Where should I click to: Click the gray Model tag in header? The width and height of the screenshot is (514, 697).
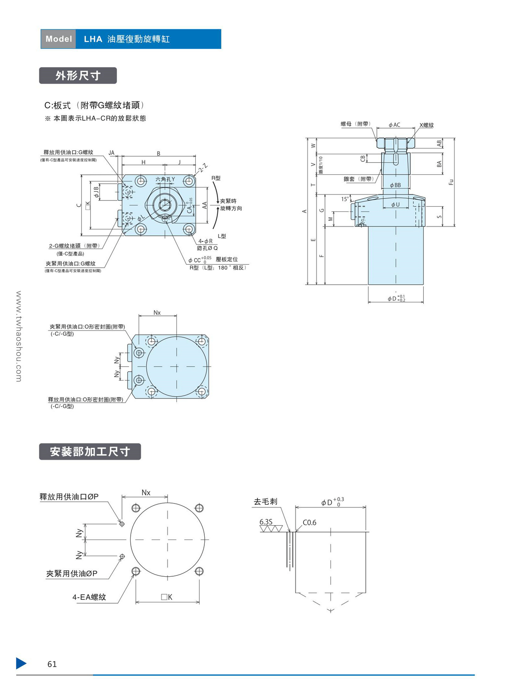[59, 39]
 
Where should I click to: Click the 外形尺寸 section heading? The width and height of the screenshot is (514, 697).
[78, 76]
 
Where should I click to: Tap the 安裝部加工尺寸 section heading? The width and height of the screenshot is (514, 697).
[90, 452]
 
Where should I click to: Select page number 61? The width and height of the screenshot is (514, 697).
[52, 664]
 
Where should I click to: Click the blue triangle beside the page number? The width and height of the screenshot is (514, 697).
[21, 663]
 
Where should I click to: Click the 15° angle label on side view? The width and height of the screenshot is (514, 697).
[345, 199]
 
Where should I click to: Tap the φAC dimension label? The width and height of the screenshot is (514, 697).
[394, 125]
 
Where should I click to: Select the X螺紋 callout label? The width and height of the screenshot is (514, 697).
[427, 125]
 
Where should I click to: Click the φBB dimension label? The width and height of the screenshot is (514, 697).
[395, 185]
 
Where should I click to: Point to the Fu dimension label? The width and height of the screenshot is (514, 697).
[451, 182]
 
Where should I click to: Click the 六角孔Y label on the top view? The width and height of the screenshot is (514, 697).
[165, 179]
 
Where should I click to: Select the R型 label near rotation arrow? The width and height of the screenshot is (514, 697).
[216, 178]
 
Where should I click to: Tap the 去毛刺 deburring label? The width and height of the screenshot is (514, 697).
[266, 501]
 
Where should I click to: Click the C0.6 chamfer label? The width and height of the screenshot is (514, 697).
[309, 522]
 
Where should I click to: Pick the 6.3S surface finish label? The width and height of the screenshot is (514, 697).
[266, 522]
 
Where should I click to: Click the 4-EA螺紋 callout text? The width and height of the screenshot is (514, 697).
[89, 597]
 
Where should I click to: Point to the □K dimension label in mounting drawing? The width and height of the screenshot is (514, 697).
[167, 597]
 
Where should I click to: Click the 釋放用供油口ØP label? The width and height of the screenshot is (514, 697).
[69, 497]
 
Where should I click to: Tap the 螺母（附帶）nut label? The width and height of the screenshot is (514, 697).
[356, 124]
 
